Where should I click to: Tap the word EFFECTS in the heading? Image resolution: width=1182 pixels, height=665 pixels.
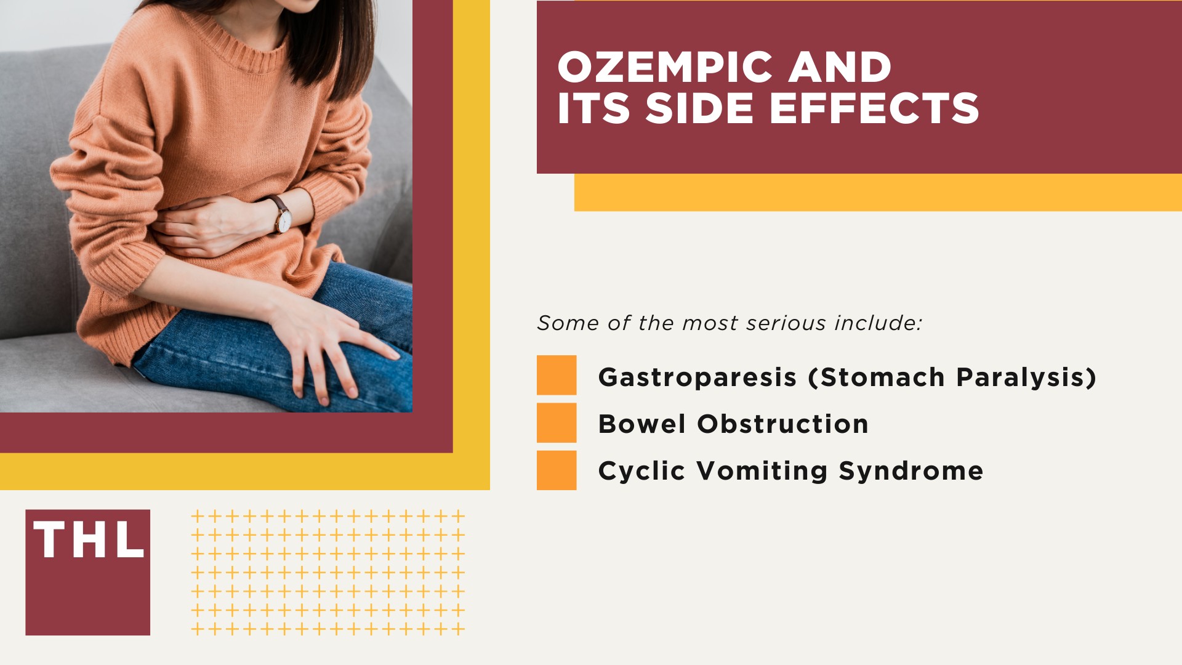click(x=874, y=109)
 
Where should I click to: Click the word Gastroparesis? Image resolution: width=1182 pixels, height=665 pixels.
click(x=698, y=377)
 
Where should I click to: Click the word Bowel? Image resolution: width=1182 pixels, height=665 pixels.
click(x=641, y=424)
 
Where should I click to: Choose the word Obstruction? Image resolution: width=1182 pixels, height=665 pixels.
click(x=782, y=424)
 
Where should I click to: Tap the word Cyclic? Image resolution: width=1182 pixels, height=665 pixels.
click(x=641, y=471)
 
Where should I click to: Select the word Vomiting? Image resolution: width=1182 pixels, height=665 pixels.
click(x=762, y=471)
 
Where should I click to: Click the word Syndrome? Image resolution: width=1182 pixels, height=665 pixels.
click(x=911, y=471)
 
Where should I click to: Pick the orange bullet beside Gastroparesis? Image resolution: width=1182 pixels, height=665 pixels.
click(x=557, y=375)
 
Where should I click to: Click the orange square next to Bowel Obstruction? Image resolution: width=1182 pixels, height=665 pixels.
click(x=557, y=423)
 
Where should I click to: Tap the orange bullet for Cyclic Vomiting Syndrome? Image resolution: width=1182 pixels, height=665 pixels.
click(x=557, y=470)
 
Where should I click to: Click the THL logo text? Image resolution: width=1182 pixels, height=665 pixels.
click(x=89, y=540)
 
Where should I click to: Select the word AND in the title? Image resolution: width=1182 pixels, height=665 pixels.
click(x=840, y=67)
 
